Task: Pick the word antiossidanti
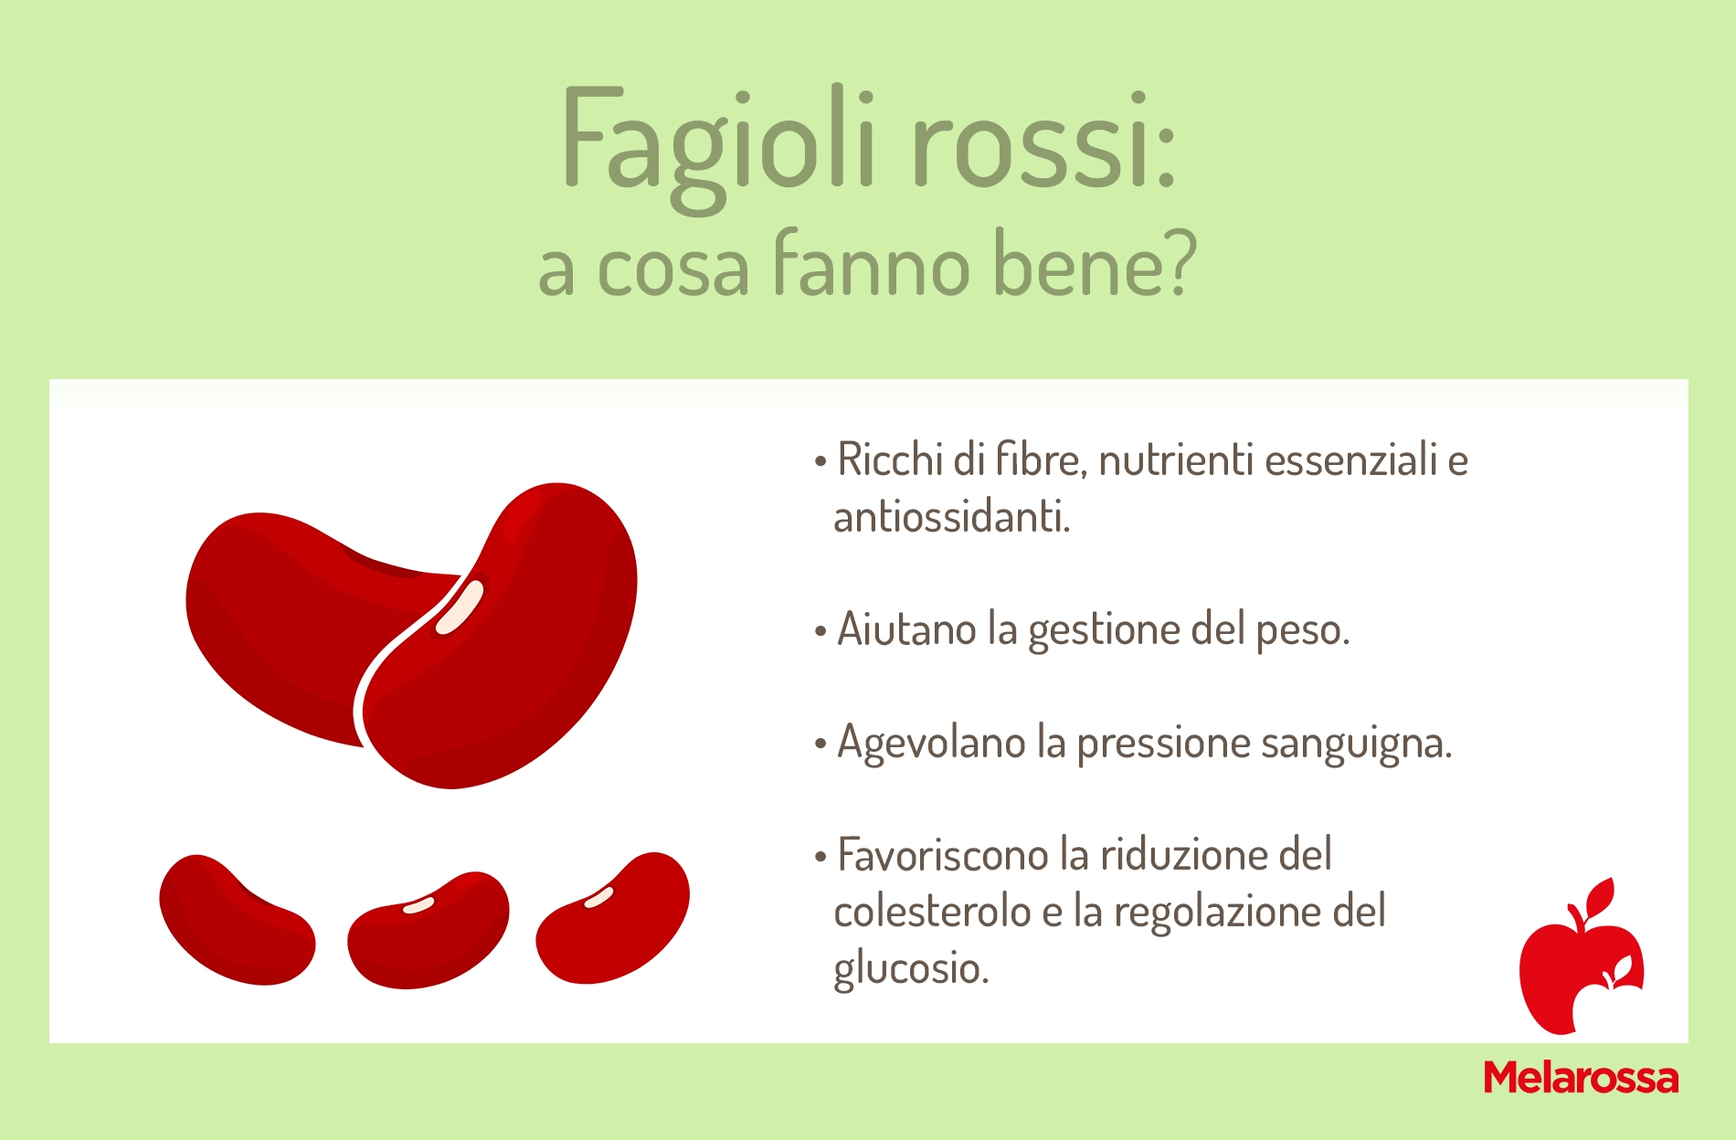click(x=951, y=517)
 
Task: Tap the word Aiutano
click(x=906, y=629)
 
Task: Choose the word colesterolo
click(x=932, y=912)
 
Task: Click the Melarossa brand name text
click(x=1581, y=1078)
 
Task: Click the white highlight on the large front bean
click(x=460, y=607)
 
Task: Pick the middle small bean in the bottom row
click(x=428, y=930)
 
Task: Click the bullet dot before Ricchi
click(x=820, y=460)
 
